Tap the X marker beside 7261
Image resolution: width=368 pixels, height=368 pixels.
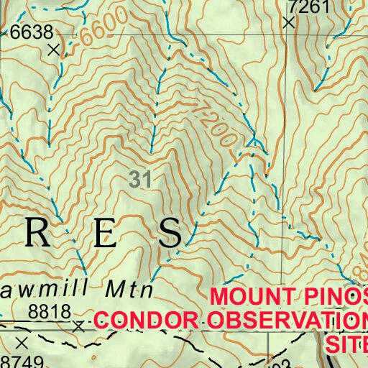pyautogui.click(x=289, y=23)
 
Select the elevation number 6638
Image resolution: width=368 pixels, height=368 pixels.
pyautogui.click(x=32, y=32)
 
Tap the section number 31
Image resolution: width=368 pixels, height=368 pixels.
pyautogui.click(x=140, y=180)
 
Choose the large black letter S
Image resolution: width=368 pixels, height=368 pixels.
pyautogui.click(x=171, y=231)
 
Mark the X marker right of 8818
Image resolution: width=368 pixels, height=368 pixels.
pyautogui.click(x=78, y=326)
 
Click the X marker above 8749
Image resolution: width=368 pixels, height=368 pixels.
pyautogui.click(x=22, y=342)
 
